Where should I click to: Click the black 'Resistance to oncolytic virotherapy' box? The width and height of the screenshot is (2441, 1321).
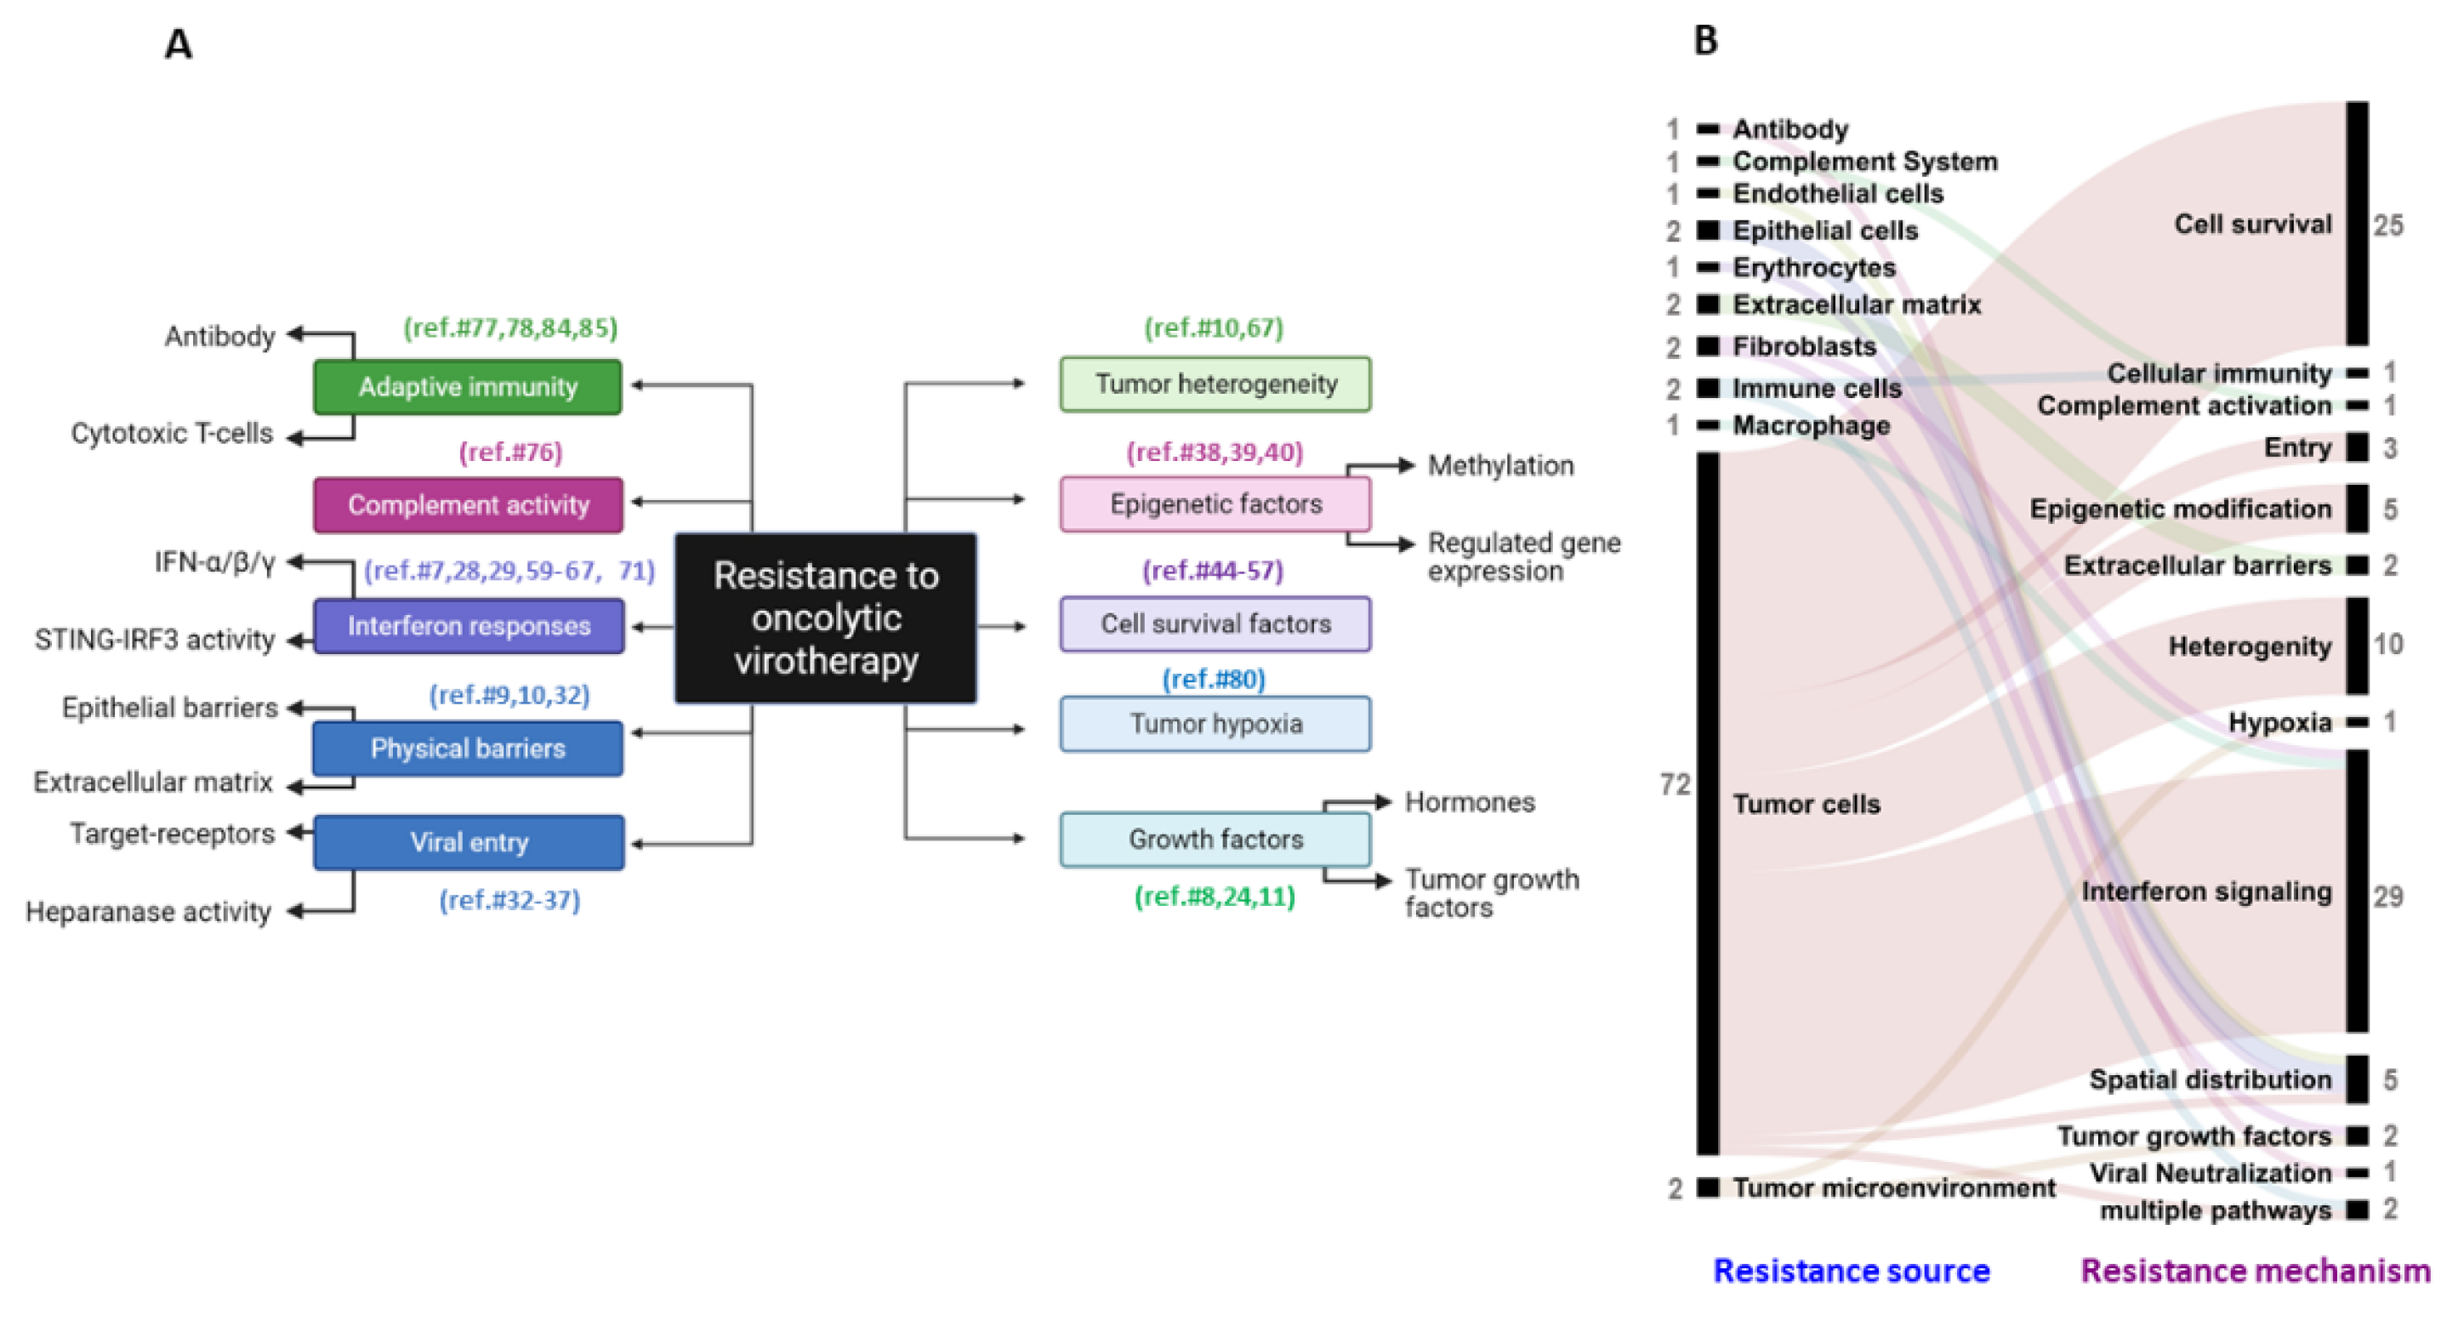(x=825, y=618)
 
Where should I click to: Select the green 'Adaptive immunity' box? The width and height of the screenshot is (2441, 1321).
(x=468, y=387)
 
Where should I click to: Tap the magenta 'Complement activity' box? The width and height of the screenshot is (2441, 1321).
(x=468, y=505)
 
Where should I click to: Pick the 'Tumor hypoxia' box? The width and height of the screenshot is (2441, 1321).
(x=1215, y=724)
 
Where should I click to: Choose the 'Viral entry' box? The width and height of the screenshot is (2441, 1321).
(x=468, y=842)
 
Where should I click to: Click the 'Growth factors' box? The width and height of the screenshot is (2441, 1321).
(x=1215, y=840)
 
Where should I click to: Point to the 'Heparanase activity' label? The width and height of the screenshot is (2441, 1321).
(x=149, y=912)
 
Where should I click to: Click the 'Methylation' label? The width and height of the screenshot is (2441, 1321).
(x=1501, y=465)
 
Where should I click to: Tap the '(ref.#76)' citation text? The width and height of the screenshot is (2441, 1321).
(x=511, y=452)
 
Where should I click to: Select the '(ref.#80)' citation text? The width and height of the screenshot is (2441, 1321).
(x=1214, y=679)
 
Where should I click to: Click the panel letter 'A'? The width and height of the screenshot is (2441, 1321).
(x=178, y=44)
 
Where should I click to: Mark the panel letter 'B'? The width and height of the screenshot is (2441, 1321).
(x=1705, y=41)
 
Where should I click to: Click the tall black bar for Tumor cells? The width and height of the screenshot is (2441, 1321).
(x=1708, y=804)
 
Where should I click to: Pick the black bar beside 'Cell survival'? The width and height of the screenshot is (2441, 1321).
(x=2358, y=224)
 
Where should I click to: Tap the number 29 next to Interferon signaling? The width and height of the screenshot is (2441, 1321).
(x=2388, y=897)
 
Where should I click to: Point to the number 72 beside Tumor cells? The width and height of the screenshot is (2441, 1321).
(x=1676, y=784)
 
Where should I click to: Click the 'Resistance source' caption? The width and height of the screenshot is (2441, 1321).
(x=1852, y=1271)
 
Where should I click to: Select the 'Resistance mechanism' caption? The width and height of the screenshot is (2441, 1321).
(x=2256, y=1271)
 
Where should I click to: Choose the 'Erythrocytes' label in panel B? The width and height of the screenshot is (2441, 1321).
(x=1813, y=268)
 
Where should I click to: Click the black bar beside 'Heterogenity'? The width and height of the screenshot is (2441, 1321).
(x=2358, y=646)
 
